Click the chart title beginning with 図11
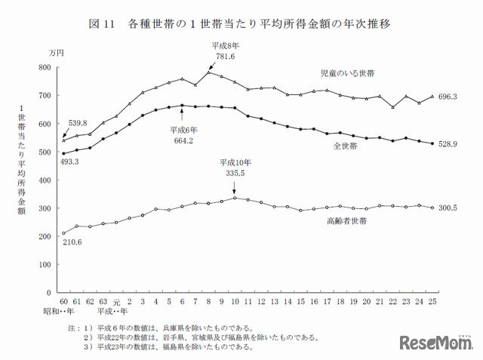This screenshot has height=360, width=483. tap(241, 24)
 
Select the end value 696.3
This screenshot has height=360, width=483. tap(451, 97)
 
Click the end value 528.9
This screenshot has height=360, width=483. tap(451, 144)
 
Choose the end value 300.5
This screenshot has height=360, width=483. tap(451, 208)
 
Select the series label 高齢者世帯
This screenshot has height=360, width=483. tap(349, 222)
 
